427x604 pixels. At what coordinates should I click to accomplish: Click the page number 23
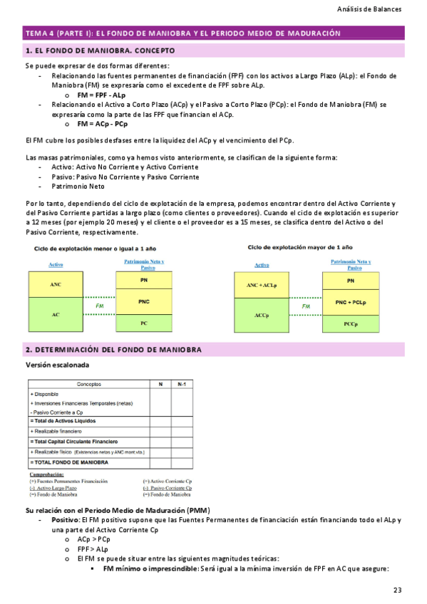[397, 589]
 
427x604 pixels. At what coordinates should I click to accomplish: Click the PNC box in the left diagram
[143, 302]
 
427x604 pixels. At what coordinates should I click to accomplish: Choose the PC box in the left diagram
[143, 323]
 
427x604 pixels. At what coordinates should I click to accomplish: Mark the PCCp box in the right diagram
[350, 323]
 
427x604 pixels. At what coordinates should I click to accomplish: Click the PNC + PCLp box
[350, 302]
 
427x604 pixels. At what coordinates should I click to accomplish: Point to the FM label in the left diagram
[100, 306]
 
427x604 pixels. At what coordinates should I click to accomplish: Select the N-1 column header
[182, 384]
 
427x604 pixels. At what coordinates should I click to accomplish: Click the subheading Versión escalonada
[58, 365]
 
